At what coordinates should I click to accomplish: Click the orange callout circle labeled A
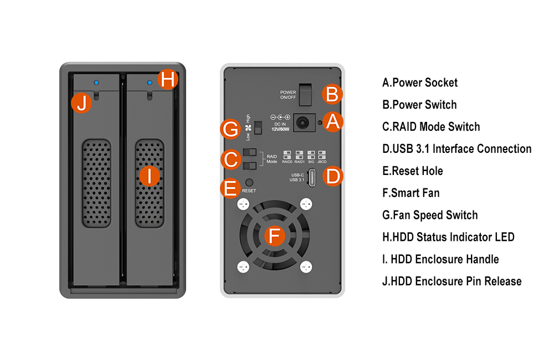332,121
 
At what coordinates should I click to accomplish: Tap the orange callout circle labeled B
332,94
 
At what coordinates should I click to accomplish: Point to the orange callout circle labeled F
274,236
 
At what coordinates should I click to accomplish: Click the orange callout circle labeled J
82,104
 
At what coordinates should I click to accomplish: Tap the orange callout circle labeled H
169,80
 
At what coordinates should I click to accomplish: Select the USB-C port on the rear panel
312,177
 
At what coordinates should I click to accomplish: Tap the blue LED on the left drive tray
96,83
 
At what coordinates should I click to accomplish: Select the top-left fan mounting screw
242,204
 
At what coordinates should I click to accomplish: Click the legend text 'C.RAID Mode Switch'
431,127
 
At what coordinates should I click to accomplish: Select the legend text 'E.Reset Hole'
413,171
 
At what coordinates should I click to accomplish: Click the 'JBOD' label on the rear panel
323,162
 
